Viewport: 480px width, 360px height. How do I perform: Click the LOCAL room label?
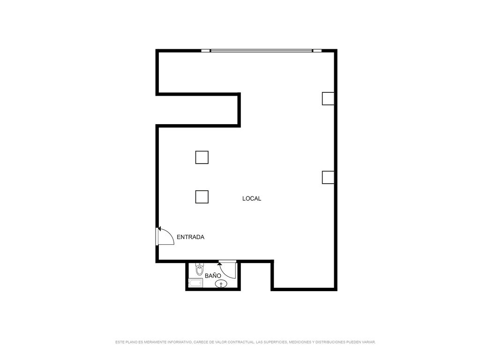click(252, 199)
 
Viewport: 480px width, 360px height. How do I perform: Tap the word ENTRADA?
click(190, 237)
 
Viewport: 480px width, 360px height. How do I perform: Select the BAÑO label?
click(213, 276)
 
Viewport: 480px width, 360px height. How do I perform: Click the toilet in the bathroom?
click(200, 270)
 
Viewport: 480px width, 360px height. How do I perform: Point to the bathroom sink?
click(221, 284)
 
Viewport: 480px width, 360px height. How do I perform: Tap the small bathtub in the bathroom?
click(195, 283)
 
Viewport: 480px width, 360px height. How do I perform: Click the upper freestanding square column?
click(202, 157)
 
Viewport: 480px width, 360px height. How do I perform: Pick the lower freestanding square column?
click(202, 197)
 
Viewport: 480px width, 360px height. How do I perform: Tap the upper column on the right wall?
click(328, 98)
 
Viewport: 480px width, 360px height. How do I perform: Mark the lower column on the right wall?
click(328, 177)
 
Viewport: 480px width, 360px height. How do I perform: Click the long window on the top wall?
click(262, 51)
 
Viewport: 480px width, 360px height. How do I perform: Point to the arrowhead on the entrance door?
click(159, 229)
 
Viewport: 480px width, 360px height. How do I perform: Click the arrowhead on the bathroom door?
click(219, 263)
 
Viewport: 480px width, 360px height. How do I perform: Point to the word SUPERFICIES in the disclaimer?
click(275, 342)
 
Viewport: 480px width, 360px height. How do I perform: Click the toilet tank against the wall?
click(200, 264)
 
